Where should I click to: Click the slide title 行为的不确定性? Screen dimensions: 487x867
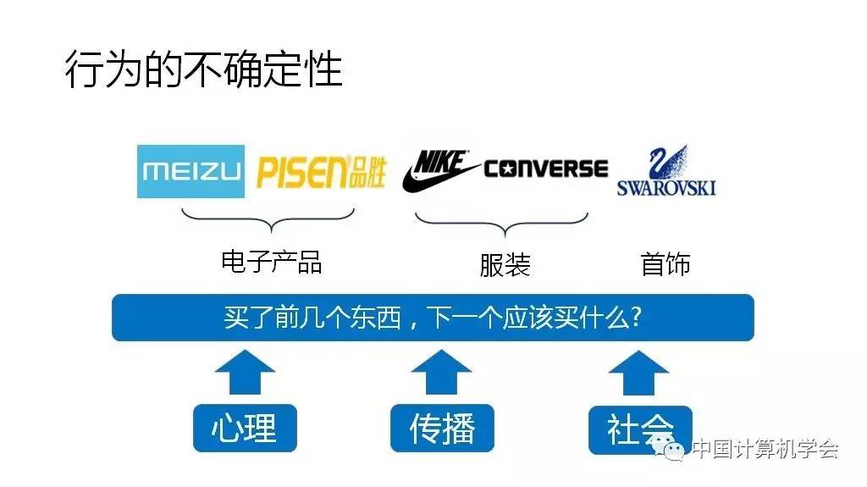coord(203,70)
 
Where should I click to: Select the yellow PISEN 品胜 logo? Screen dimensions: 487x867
coord(321,172)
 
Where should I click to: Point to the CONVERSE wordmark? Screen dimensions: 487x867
coord(546,169)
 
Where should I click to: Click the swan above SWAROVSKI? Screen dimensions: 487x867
coord(666,162)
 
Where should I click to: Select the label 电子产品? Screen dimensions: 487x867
coord(271,261)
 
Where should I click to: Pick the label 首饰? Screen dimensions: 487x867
coord(665,264)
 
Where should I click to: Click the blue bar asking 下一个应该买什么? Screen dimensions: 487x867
coord(433,318)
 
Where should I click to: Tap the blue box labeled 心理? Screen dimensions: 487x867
coord(246,428)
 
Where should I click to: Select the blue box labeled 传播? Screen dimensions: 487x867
coord(442,428)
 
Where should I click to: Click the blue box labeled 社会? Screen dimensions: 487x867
coord(640,428)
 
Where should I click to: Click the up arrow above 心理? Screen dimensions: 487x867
coord(245,372)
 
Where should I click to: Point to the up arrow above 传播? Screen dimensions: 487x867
coord(441,372)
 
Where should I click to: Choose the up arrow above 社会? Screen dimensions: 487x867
coord(639,372)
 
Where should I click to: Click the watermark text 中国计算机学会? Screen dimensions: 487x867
coord(765,449)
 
